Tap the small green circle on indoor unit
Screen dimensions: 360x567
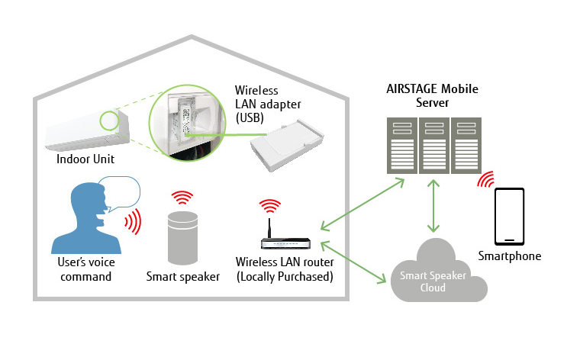tap(108, 120)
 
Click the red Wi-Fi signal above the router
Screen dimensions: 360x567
tap(272, 205)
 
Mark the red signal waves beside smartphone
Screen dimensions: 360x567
tap(485, 180)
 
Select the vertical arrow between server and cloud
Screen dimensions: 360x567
tap(435, 207)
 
